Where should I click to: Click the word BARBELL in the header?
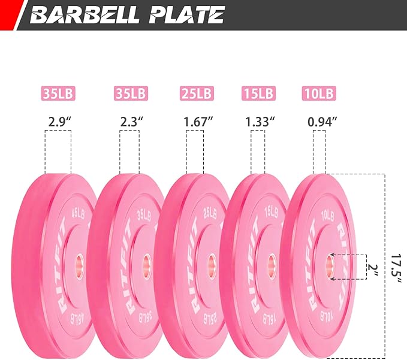click(84, 15)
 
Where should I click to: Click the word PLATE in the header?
click(186, 15)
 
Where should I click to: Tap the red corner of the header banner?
click(10, 14)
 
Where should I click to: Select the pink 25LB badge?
click(197, 93)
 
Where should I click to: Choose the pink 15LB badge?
click(258, 93)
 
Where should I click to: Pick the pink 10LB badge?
click(319, 93)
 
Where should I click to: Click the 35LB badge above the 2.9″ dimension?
click(58, 93)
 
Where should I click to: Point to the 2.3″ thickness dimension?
click(132, 122)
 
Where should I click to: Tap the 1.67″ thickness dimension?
click(198, 122)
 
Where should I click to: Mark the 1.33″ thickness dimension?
click(260, 122)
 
